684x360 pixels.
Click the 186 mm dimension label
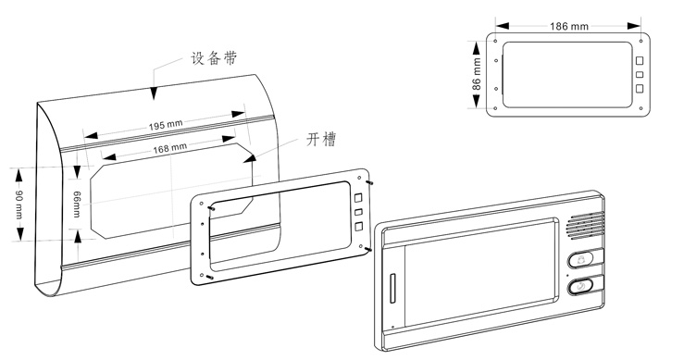[566, 27]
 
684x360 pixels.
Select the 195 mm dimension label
[166, 126]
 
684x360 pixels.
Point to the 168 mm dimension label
[168, 146]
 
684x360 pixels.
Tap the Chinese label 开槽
[321, 141]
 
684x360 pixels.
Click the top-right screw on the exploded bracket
[370, 181]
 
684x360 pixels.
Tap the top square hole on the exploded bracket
[356, 196]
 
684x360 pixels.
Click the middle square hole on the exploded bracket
[356, 213]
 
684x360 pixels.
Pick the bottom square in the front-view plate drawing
[639, 89]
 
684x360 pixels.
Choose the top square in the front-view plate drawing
[639, 60]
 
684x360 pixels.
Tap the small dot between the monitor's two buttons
[566, 274]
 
